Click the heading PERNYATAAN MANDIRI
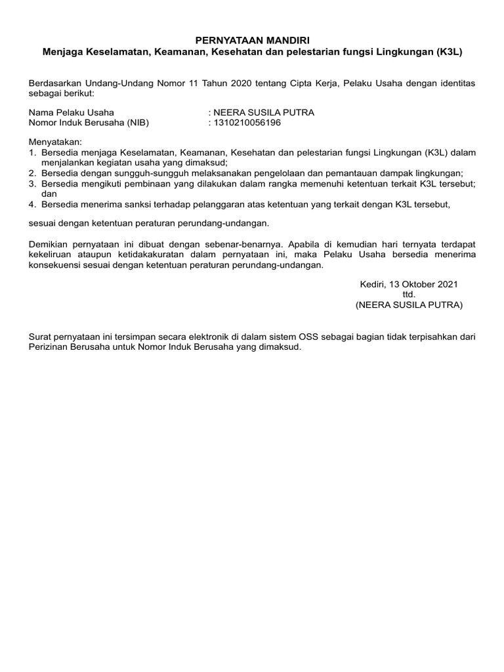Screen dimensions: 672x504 (x=252, y=41)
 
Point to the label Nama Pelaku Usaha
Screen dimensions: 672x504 (x=71, y=112)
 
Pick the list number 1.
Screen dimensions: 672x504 (x=32, y=152)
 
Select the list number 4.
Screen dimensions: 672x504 (x=32, y=204)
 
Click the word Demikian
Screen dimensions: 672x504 (x=49, y=244)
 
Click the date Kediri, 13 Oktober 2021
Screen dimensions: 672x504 (x=409, y=284)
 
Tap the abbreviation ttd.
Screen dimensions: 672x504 (x=409, y=295)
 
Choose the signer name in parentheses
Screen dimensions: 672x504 (x=409, y=305)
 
